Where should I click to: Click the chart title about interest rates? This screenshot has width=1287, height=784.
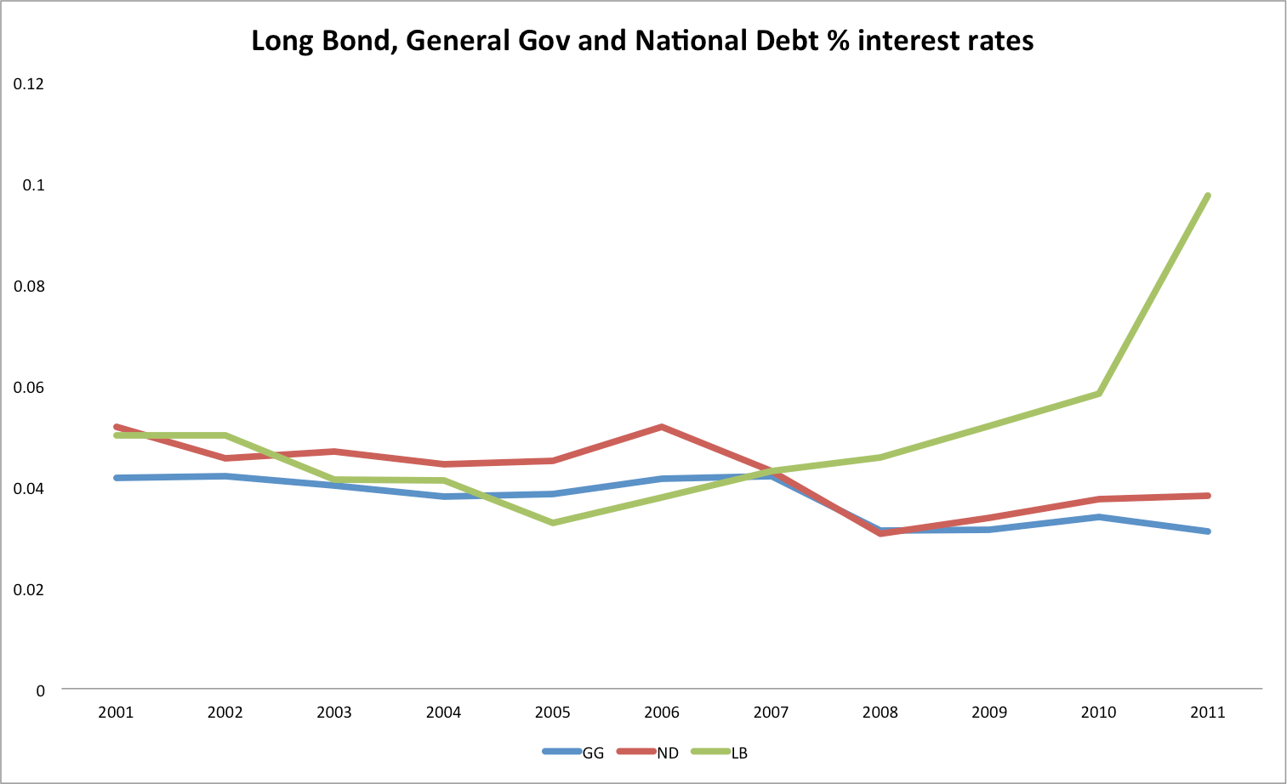(642, 41)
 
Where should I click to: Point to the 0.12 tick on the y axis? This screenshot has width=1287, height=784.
(29, 83)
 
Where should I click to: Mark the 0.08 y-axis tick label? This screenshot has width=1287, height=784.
(29, 286)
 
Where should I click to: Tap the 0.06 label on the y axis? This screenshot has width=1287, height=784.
(29, 387)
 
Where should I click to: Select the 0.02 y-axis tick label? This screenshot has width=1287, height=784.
(29, 589)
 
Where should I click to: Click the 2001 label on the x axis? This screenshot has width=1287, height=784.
(116, 713)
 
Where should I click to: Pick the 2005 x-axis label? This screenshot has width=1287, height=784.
(552, 713)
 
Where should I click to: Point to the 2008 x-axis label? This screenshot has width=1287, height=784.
(880, 713)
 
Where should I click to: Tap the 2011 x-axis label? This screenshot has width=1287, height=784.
(1207, 713)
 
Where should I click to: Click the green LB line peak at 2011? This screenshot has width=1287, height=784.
(1207, 196)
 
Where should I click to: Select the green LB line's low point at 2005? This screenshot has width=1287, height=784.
(552, 523)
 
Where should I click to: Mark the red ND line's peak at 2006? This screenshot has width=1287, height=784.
(661, 427)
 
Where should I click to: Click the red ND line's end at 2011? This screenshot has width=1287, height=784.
(1207, 496)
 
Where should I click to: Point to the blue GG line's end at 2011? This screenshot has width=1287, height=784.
(1207, 531)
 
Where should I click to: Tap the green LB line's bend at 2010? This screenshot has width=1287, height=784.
(1098, 394)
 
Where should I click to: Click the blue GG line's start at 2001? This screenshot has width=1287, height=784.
(116, 478)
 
